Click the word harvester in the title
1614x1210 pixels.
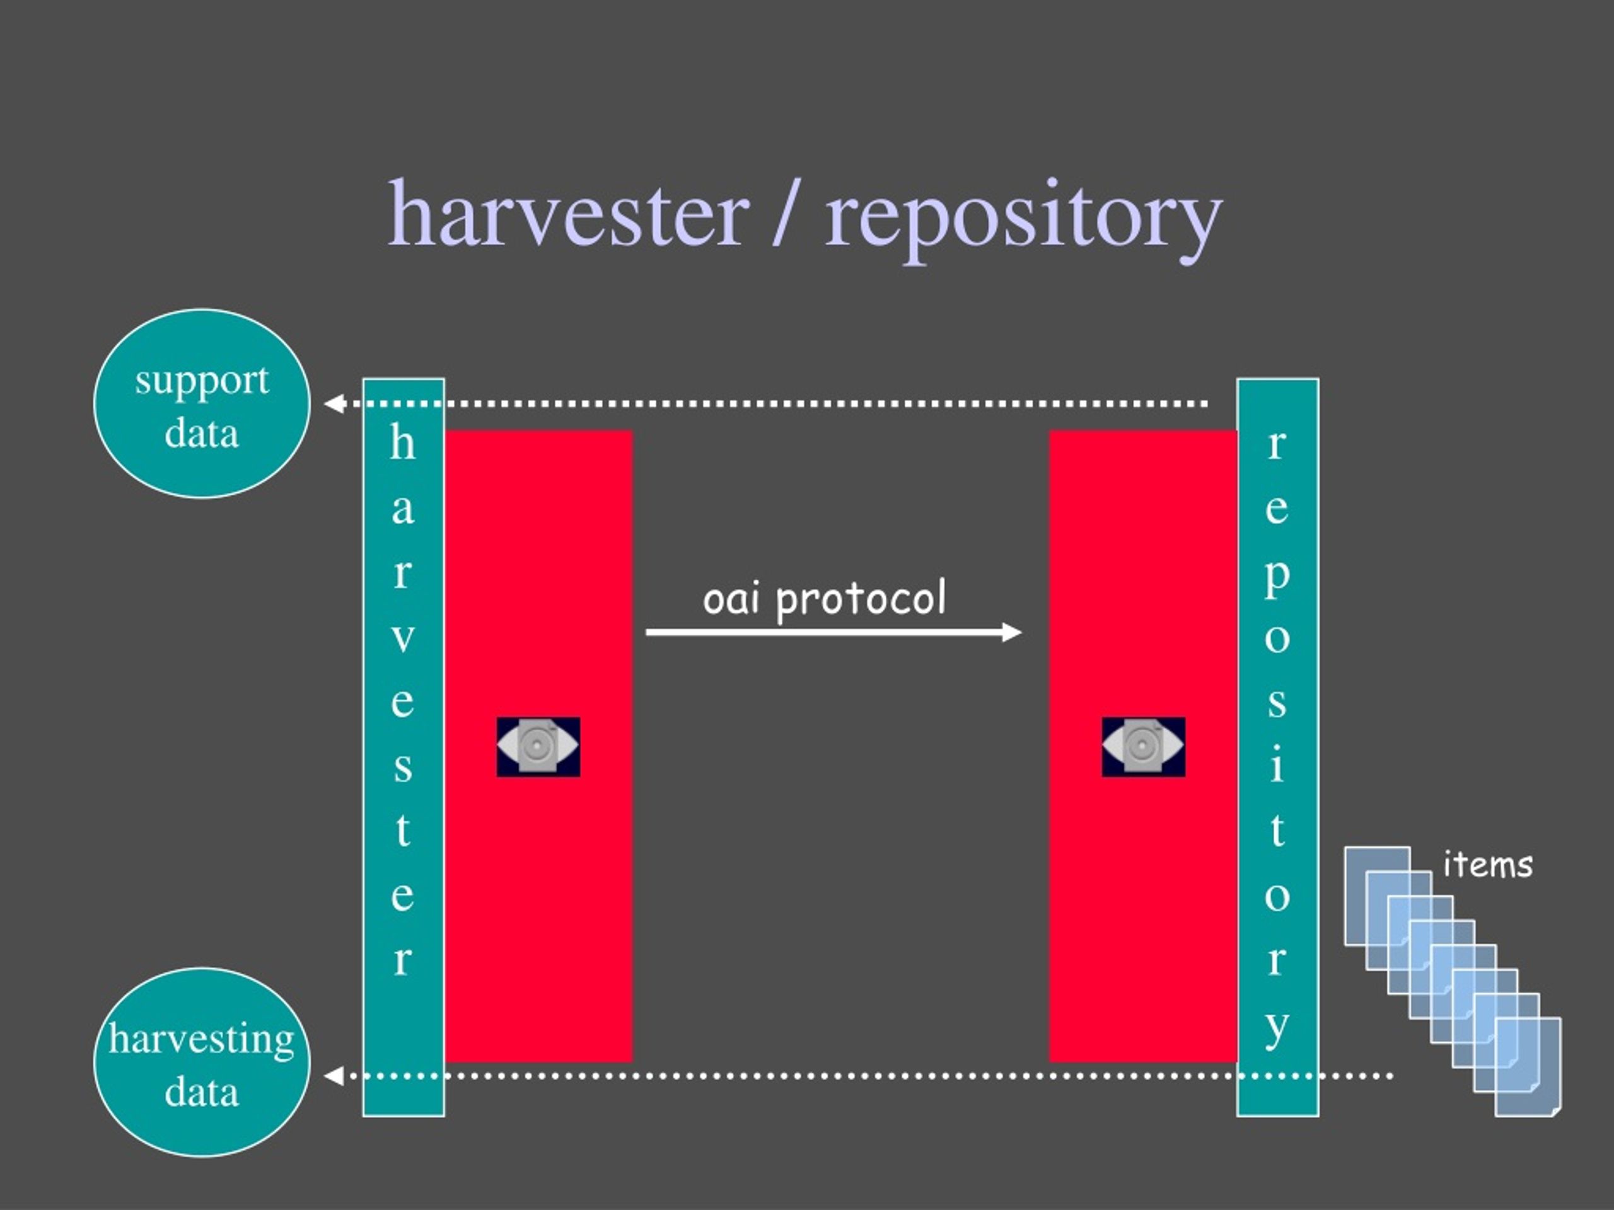tap(569, 213)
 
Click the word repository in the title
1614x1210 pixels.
tap(1024, 219)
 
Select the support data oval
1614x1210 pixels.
tap(202, 403)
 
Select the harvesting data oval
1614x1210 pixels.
tap(202, 1063)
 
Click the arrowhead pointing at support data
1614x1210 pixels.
tap(334, 403)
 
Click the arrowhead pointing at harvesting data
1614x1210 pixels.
tap(334, 1076)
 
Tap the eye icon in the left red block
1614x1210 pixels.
tap(538, 747)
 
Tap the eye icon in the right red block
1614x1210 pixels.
tap(1144, 747)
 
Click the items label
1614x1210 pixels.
tap(1488, 865)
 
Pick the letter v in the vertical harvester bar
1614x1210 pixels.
tap(403, 638)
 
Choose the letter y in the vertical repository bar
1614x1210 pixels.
tap(1277, 1029)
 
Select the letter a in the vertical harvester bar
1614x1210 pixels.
tap(403, 510)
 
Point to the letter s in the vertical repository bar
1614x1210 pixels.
tap(1277, 703)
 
